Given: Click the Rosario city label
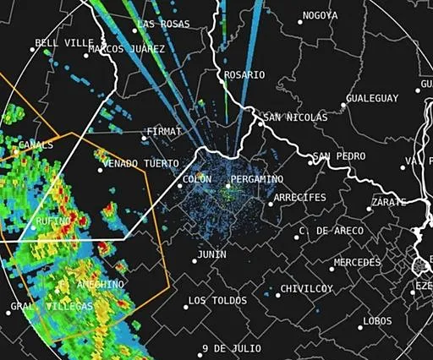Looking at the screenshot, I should click(244, 75).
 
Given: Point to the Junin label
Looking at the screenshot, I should click(211, 254).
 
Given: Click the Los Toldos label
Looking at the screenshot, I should click(217, 301).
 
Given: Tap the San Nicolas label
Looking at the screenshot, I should click(294, 117).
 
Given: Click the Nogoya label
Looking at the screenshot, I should click(320, 16).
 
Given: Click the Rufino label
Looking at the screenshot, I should click(52, 221).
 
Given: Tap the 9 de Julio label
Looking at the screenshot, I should click(230, 349).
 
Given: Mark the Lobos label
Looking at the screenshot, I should click(377, 321).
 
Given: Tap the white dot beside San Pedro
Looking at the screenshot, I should click(310, 158).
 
